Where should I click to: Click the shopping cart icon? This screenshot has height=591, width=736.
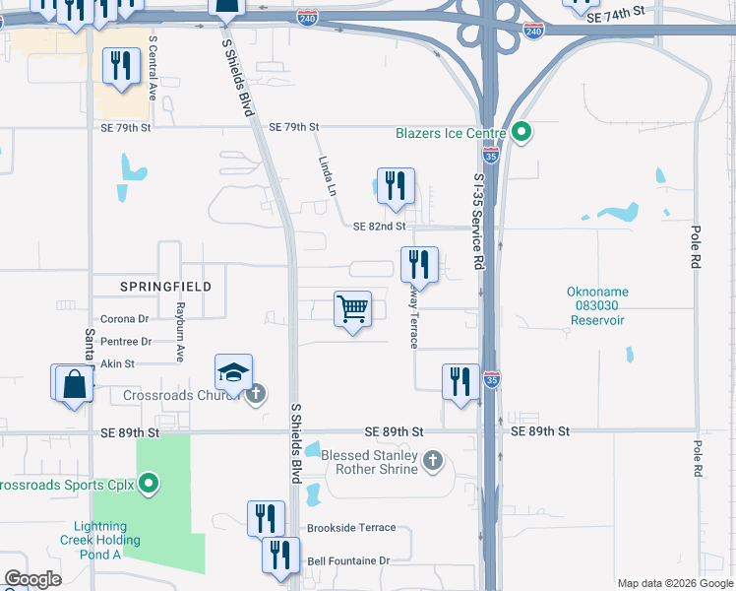[352, 309]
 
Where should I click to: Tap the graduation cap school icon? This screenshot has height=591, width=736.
[233, 373]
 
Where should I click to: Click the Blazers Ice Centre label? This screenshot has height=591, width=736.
[451, 133]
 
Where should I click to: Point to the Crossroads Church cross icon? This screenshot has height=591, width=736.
[255, 395]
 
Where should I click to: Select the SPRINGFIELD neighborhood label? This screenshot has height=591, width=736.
[165, 286]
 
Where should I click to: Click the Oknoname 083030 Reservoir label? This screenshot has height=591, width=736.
[596, 305]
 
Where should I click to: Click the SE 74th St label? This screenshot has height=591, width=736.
[614, 18]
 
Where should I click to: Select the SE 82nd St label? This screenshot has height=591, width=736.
[380, 226]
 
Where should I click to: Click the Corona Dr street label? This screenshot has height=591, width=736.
[124, 318]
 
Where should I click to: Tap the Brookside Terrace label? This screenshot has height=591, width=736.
[351, 528]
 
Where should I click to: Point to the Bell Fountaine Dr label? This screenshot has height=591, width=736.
[348, 560]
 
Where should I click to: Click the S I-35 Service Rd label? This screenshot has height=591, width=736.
[480, 222]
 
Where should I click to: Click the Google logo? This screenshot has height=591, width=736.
[33, 579]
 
